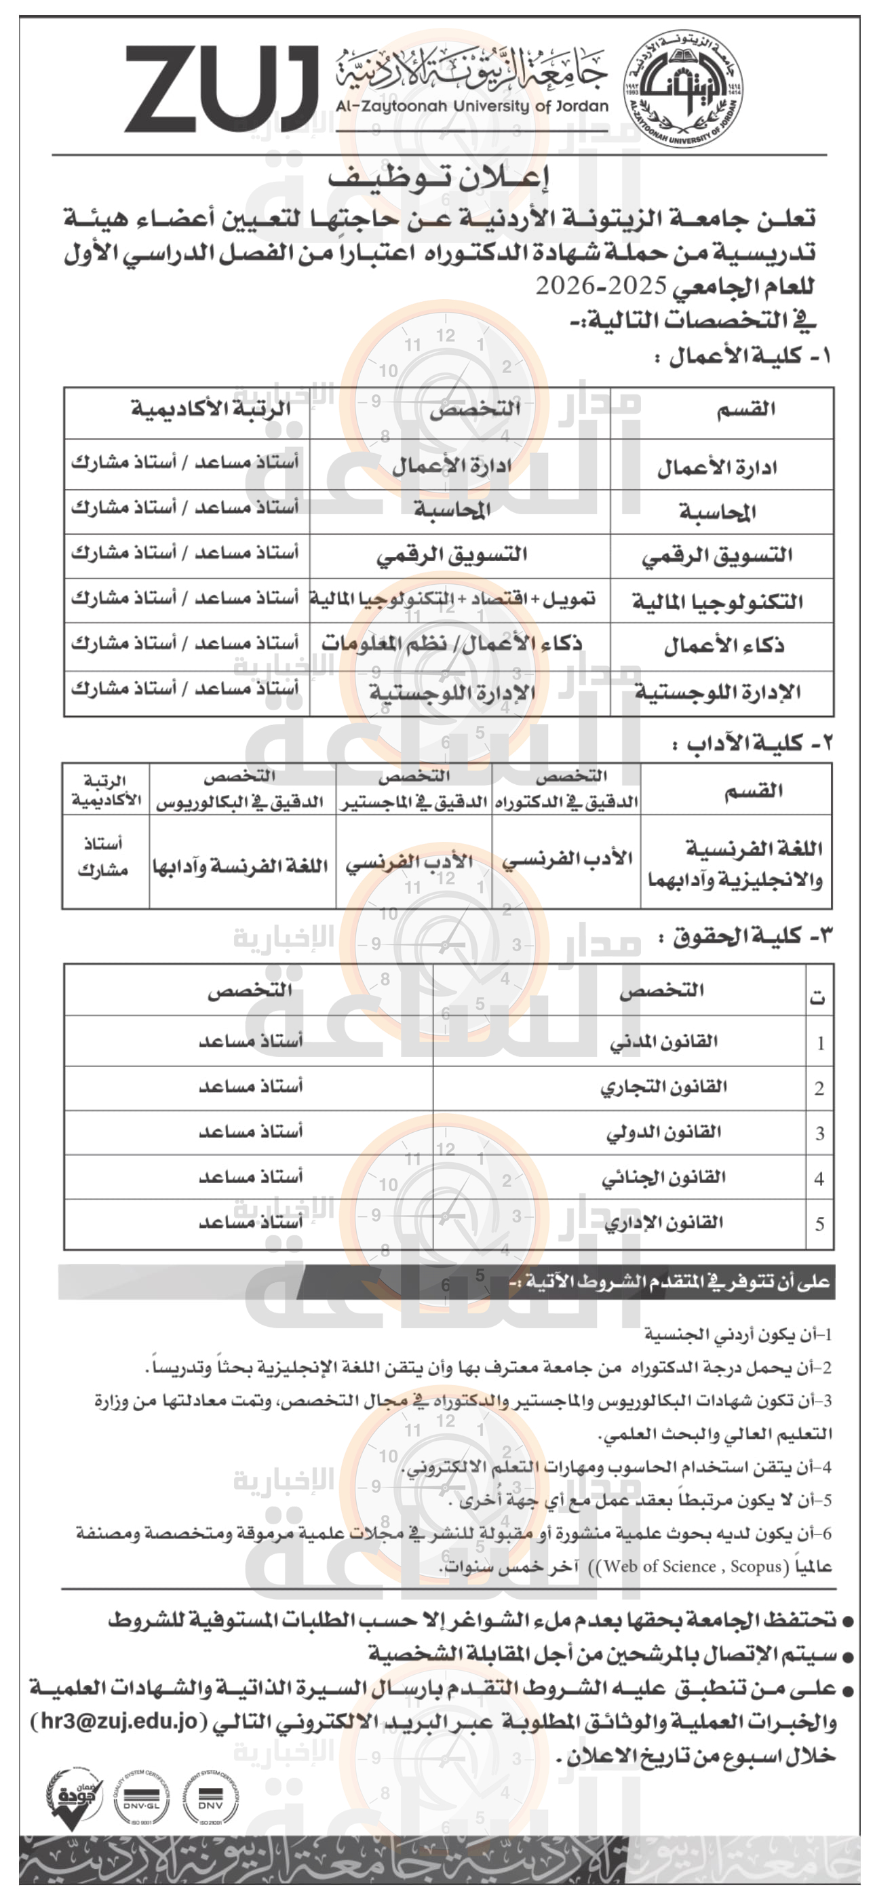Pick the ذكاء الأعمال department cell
[x=724, y=646]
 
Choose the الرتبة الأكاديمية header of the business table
[x=210, y=409]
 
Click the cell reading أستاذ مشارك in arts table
[x=103, y=857]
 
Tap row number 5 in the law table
[x=819, y=1224]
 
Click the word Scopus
[x=755, y=1567]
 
